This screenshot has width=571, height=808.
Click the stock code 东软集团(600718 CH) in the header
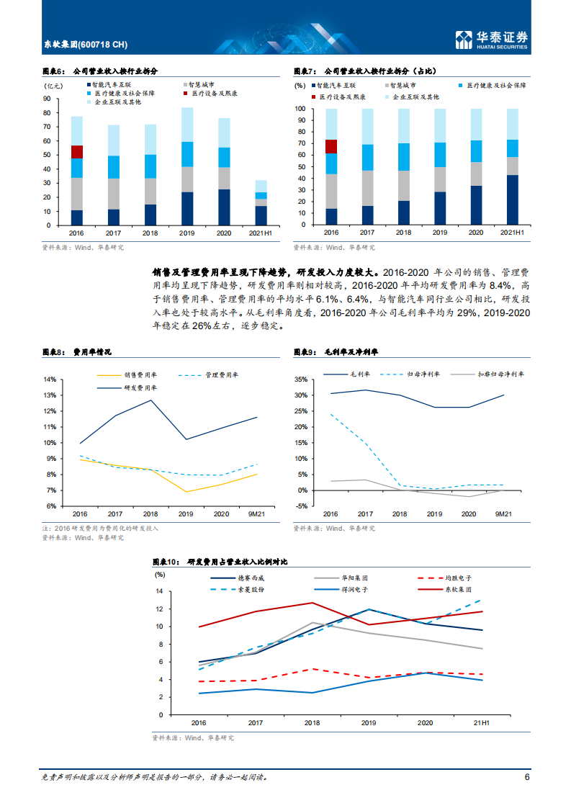85,45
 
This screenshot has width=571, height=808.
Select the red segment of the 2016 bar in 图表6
76,151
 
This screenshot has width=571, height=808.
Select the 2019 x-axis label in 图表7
439,233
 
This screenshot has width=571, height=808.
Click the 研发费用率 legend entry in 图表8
140,387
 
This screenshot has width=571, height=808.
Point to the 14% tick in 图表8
50,380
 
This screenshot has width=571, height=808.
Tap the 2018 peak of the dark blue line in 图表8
151,400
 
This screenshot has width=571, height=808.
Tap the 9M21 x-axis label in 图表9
503,514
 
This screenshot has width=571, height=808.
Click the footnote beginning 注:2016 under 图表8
101,528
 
